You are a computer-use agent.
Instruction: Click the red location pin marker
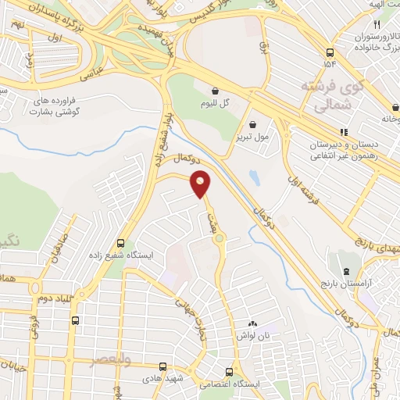coord(201,184)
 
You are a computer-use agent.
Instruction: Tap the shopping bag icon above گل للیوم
coord(214,90)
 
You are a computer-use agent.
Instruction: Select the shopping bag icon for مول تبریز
coord(253,123)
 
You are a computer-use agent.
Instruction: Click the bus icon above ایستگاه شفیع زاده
coord(120,243)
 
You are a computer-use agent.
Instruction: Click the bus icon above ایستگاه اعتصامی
coord(228,372)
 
